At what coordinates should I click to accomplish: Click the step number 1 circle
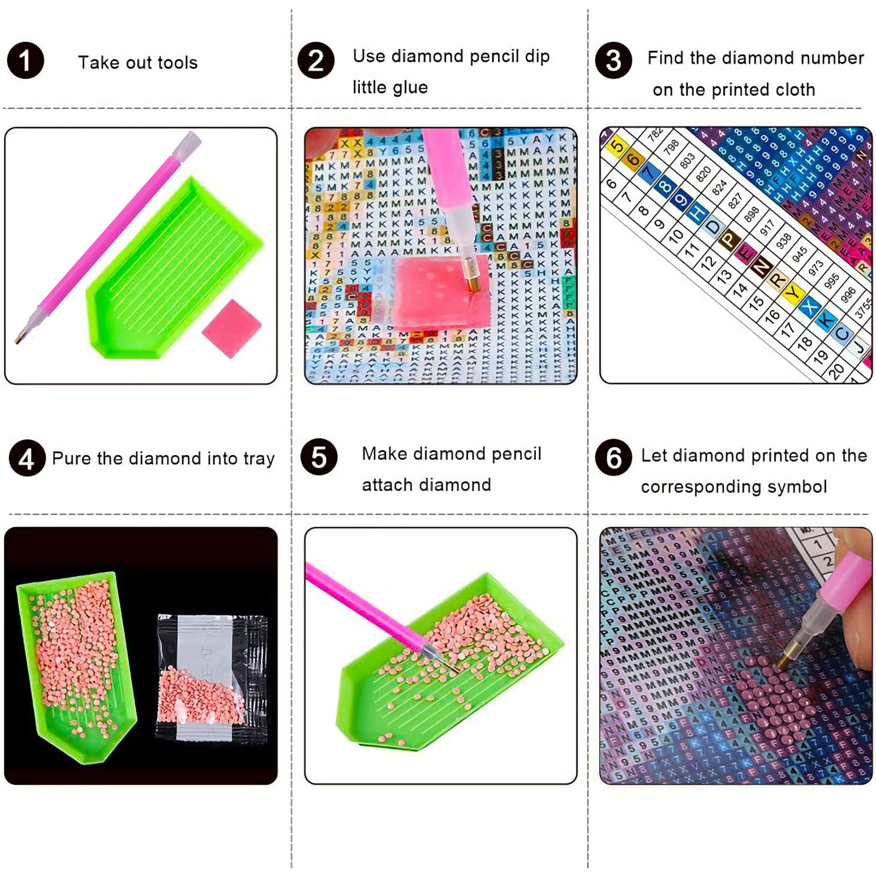pyautogui.click(x=25, y=60)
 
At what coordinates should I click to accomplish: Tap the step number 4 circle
pyautogui.click(x=27, y=458)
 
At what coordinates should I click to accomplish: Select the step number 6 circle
pyautogui.click(x=613, y=458)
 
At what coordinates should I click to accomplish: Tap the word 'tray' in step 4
pyautogui.click(x=259, y=459)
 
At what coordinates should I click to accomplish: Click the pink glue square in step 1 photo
pyautogui.click(x=232, y=328)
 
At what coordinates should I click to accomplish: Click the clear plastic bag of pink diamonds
pyautogui.click(x=211, y=679)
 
